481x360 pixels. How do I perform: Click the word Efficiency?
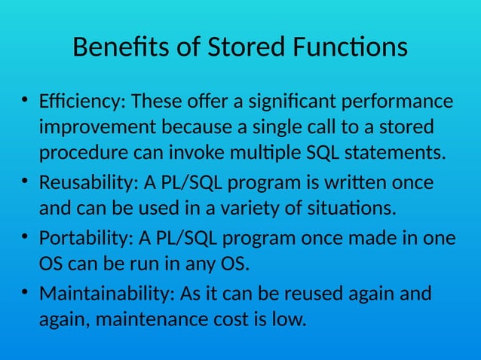82,102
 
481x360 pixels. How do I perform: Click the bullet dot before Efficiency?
25,99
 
